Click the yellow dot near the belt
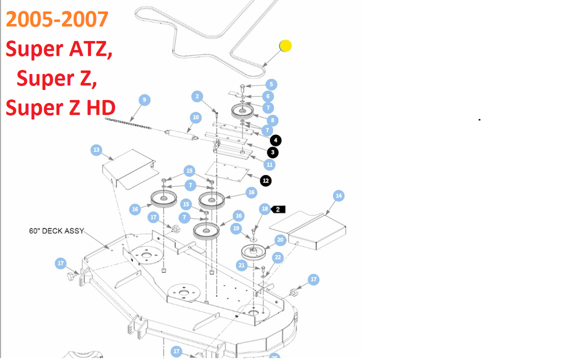tap(286, 46)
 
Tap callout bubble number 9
tap(145, 100)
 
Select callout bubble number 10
tap(196, 118)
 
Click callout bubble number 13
tap(96, 150)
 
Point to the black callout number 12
tap(266, 181)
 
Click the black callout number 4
tap(276, 140)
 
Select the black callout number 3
tap(272, 152)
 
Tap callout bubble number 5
tap(271, 85)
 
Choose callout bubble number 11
tap(270, 165)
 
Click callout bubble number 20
tap(280, 240)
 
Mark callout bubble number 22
tap(277, 257)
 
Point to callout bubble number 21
tap(242, 265)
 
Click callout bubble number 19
tap(236, 228)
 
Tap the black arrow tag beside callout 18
tap(279, 209)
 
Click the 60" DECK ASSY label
tap(56, 231)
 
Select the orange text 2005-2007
tap(57, 19)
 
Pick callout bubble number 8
tap(273, 120)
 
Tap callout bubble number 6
tap(268, 96)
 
